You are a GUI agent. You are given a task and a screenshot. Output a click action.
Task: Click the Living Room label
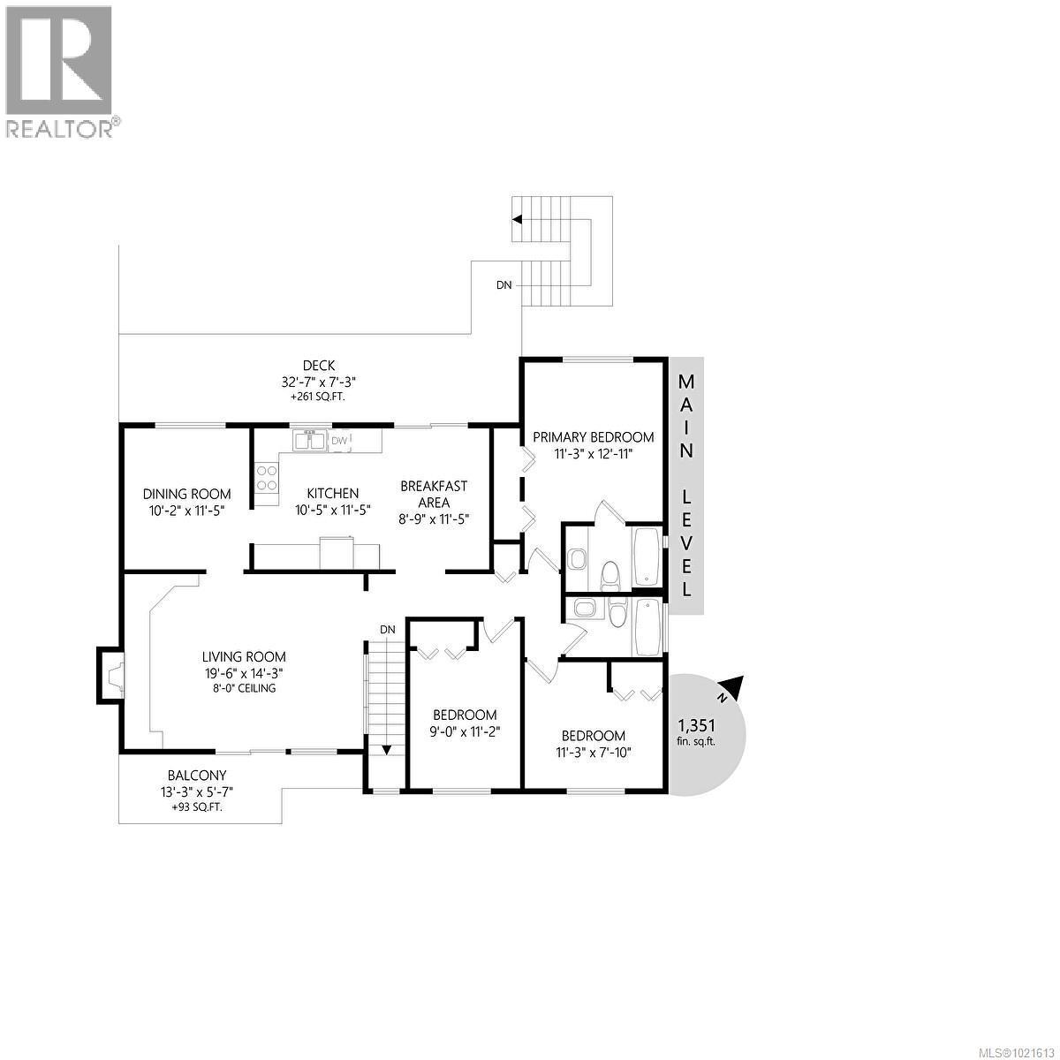click(x=244, y=656)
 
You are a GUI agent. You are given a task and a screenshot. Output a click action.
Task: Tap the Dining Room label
click(x=187, y=494)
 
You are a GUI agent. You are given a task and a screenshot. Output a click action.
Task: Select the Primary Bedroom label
click(x=594, y=436)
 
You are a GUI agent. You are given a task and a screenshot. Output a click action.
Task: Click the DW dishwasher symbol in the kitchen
click(x=339, y=440)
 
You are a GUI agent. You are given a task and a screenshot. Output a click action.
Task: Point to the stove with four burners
click(x=266, y=477)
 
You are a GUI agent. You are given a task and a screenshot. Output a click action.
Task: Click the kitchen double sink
click(x=309, y=439)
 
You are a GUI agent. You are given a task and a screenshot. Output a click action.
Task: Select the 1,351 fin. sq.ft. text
click(x=696, y=732)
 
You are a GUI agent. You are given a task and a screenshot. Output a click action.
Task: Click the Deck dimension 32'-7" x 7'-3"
click(x=318, y=382)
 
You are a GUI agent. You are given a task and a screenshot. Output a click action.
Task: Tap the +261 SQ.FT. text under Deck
click(x=318, y=397)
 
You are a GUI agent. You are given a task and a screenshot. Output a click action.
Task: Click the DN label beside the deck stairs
click(x=503, y=284)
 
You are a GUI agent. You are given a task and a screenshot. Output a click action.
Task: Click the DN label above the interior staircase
click(x=387, y=628)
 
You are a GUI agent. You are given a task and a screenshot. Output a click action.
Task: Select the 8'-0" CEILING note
click(x=244, y=687)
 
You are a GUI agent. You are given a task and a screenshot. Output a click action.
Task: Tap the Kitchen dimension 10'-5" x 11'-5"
click(x=332, y=510)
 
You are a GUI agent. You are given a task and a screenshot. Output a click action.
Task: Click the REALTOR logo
click(x=59, y=71)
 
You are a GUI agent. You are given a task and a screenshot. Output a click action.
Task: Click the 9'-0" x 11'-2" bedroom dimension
click(x=465, y=731)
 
